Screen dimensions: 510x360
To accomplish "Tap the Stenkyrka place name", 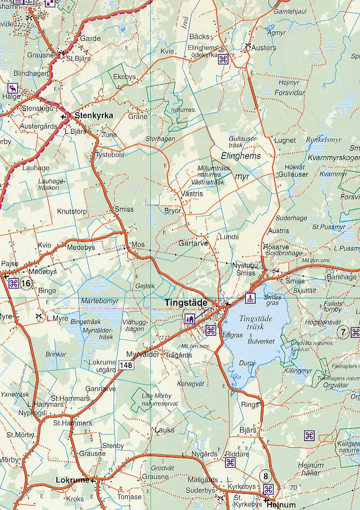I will click(x=94, y=115).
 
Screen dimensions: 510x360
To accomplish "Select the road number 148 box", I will click(x=126, y=366).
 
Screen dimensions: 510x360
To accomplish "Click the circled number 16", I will click(x=27, y=283).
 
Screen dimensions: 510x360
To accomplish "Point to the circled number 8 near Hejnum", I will click(x=266, y=476).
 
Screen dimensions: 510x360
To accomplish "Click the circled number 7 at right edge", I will click(x=343, y=332).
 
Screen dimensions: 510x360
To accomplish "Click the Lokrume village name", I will click(x=72, y=480).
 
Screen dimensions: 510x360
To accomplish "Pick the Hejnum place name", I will click(x=281, y=505).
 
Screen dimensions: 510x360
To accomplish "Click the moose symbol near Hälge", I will click(x=11, y=87).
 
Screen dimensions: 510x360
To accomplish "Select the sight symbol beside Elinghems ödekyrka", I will click(x=223, y=59).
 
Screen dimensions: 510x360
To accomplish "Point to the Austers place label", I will click(x=264, y=47).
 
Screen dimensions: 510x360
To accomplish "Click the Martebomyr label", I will click(x=100, y=301).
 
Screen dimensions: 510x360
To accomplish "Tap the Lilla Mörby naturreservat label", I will click(x=160, y=399).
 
